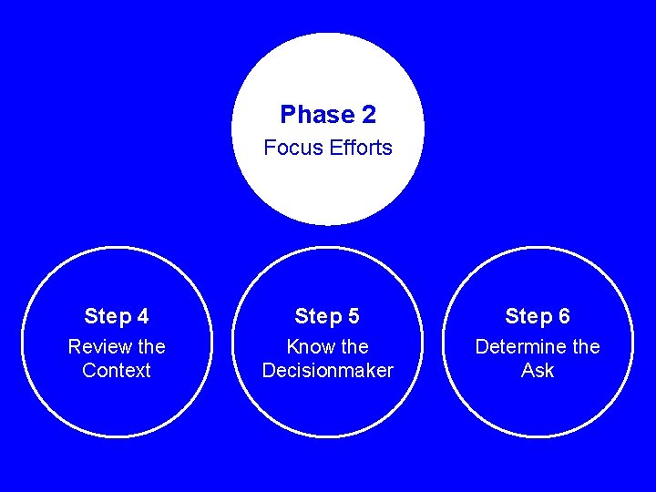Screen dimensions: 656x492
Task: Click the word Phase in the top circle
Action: (x=316, y=115)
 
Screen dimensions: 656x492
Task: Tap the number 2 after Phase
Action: (x=368, y=115)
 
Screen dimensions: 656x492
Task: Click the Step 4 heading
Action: (x=117, y=316)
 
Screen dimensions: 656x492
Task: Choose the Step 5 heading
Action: (x=327, y=316)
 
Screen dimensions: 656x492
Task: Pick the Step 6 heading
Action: (x=538, y=316)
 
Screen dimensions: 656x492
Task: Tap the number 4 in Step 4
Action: (x=142, y=316)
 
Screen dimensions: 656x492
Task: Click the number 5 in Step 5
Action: (x=353, y=316)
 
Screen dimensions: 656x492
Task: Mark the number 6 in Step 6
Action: (x=564, y=316)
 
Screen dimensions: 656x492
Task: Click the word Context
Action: (x=117, y=371)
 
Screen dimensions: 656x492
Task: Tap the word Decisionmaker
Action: (x=327, y=371)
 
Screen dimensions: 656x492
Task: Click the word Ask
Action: (x=538, y=371)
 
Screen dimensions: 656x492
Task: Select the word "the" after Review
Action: (x=149, y=347)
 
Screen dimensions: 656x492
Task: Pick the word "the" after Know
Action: (x=354, y=347)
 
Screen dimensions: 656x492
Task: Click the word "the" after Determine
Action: (x=584, y=347)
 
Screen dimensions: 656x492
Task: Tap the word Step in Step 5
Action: (x=314, y=316)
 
